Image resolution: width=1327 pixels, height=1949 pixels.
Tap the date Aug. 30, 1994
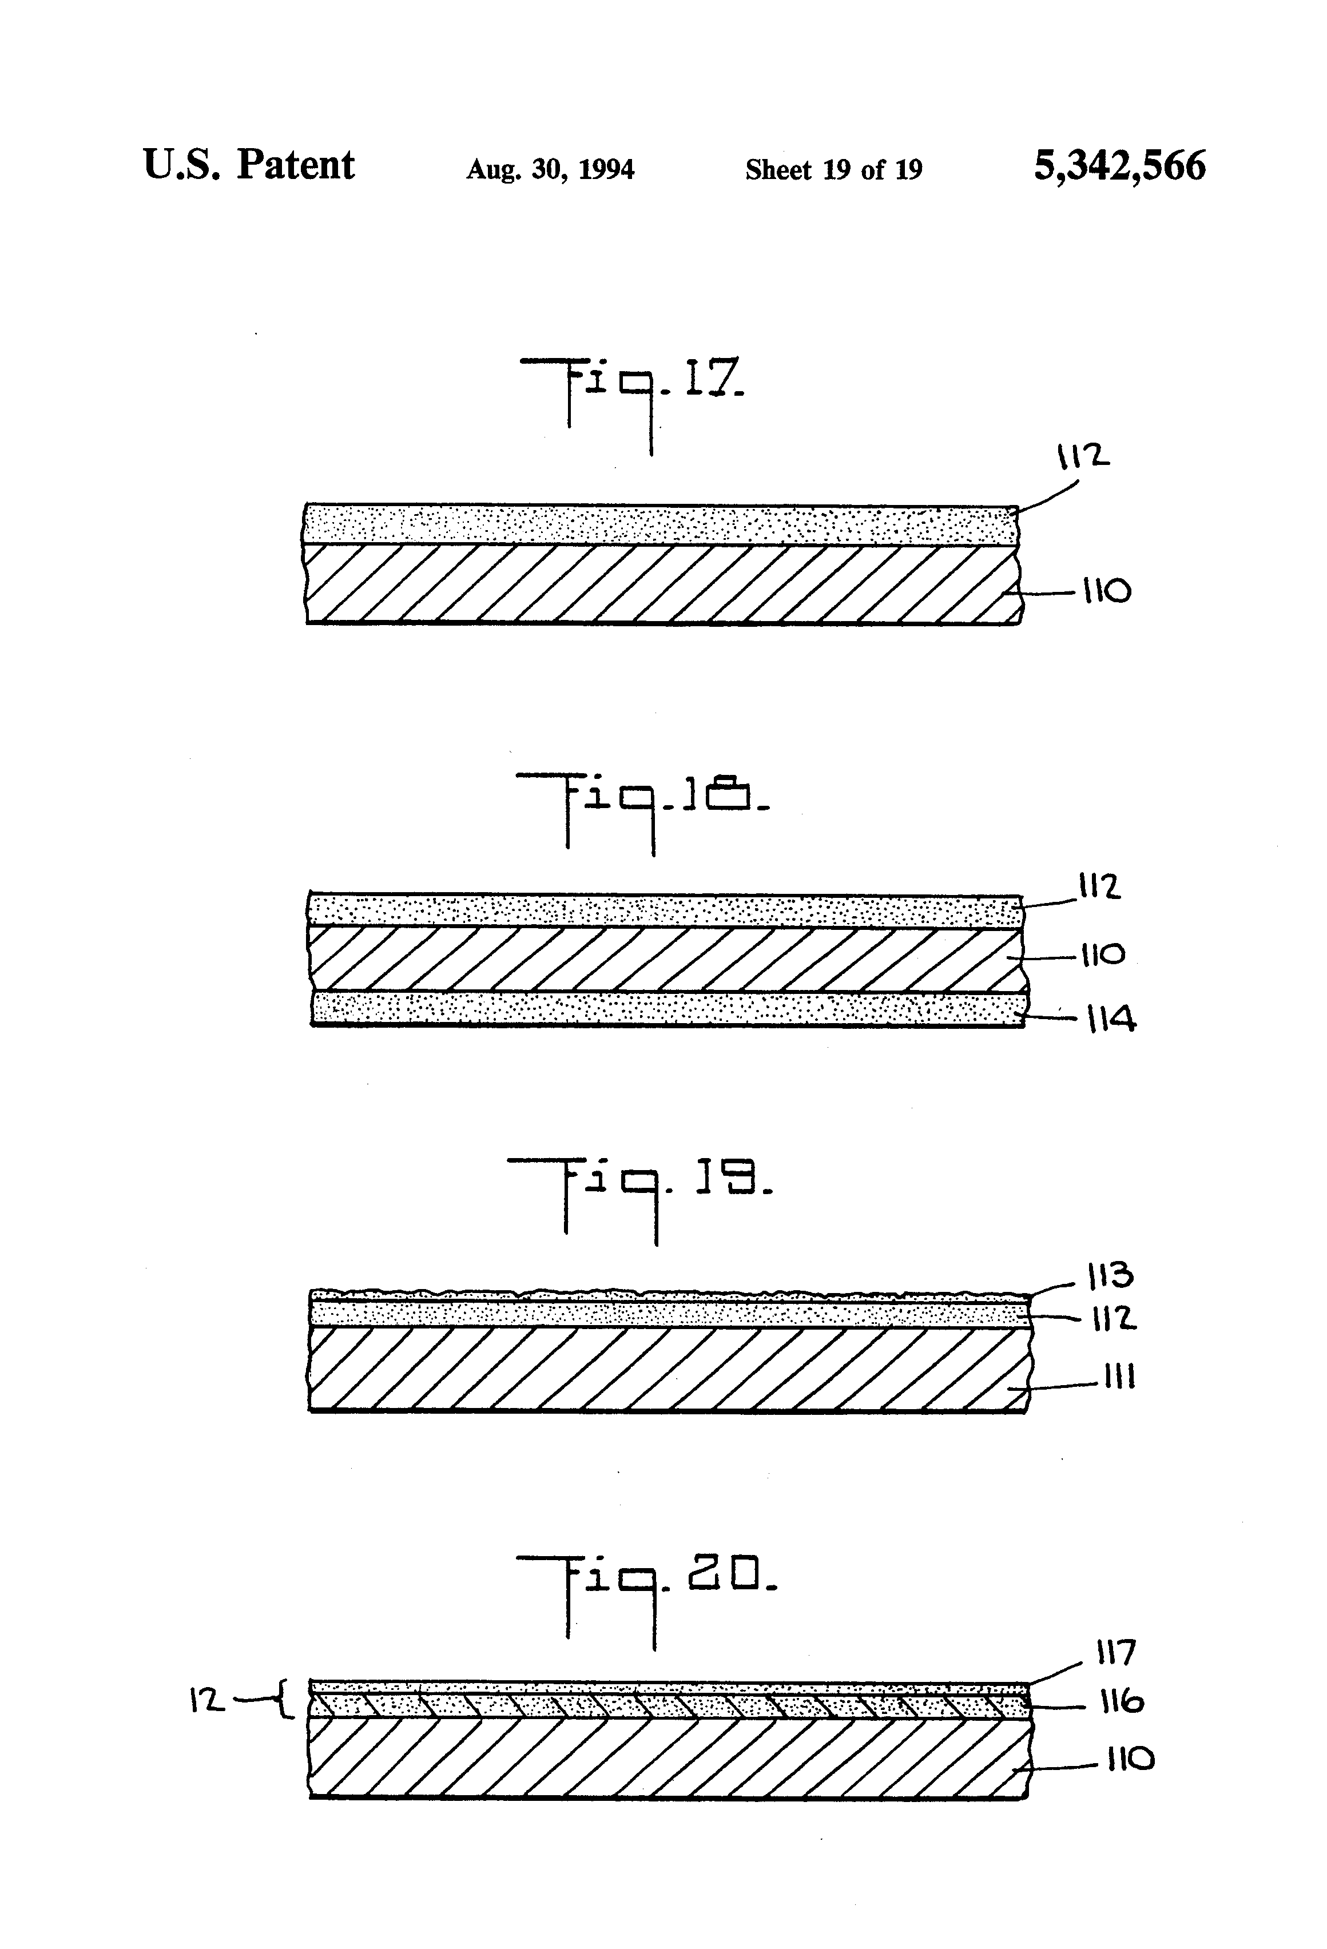coord(550,169)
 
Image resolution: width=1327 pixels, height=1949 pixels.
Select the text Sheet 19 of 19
coord(834,169)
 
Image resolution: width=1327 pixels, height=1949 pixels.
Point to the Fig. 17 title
coord(631,394)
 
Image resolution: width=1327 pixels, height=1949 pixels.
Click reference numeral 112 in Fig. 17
coord(1082,456)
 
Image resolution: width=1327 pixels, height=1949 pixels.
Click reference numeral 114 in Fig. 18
coord(1111,1020)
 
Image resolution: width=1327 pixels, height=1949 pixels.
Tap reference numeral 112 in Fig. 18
coord(1099,886)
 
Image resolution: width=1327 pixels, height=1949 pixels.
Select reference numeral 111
coord(1119,1377)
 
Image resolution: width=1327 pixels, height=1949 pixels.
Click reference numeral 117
coord(1115,1653)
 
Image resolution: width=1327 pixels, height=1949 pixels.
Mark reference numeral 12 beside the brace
coord(207,1701)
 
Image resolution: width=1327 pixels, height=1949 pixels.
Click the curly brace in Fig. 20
coord(285,1700)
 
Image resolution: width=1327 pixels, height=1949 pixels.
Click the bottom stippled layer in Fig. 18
coord(667,1008)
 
